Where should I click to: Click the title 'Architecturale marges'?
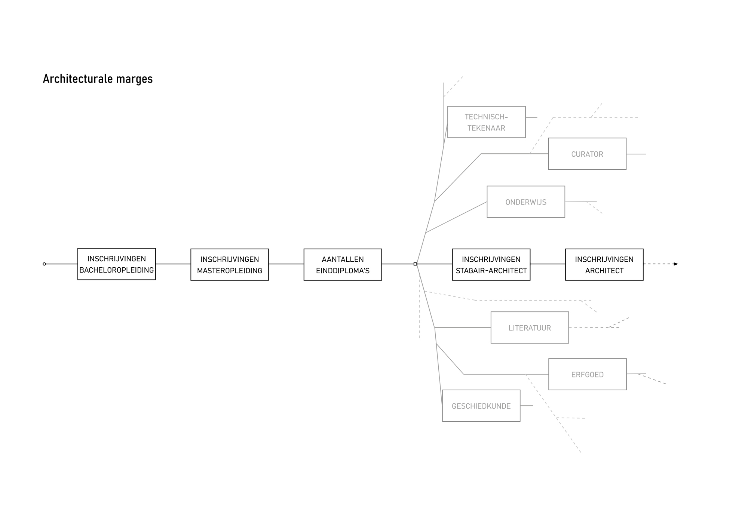[x=98, y=79]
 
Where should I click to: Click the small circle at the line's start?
[x=45, y=264]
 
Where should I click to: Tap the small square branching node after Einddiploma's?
[x=415, y=264]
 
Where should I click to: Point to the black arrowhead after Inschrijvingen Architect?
[x=675, y=264]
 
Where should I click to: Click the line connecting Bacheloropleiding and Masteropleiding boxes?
[x=173, y=264]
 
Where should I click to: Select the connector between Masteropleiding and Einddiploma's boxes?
[x=286, y=264]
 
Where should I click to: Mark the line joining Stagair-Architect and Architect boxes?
[x=548, y=264]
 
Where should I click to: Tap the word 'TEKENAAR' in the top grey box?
[x=487, y=128]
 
